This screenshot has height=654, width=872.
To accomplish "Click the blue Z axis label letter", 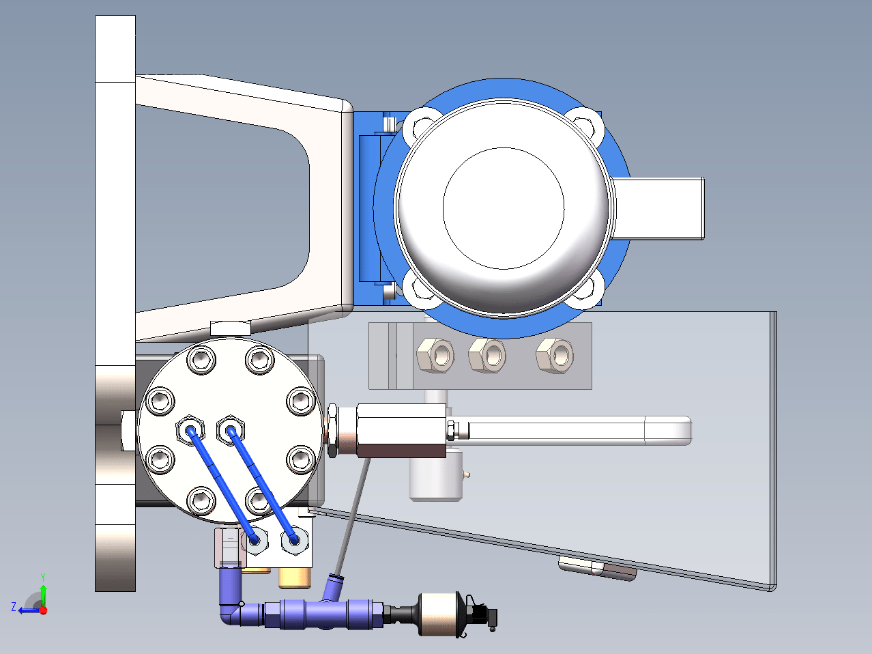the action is click(14, 607).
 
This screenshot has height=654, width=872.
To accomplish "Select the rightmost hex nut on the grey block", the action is click(555, 355).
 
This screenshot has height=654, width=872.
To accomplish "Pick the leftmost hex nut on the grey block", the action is click(435, 355).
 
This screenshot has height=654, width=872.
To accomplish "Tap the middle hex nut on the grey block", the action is click(487, 355).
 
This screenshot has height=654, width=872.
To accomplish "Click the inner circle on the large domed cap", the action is click(504, 208).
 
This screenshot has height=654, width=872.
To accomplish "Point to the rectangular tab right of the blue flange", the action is click(658, 209).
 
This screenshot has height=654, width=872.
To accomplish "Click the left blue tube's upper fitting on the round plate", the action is click(190, 430).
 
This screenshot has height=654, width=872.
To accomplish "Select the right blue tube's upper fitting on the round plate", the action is click(231, 430).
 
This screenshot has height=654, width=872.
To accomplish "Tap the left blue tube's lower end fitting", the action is click(255, 541).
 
